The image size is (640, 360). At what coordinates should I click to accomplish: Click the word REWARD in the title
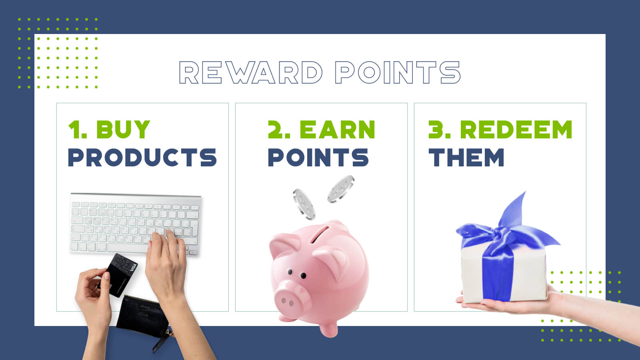point(250,72)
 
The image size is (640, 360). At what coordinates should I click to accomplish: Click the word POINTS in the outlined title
point(398,72)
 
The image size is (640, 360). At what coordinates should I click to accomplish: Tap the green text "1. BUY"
point(109,130)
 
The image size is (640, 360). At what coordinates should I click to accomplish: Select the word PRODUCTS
point(142,157)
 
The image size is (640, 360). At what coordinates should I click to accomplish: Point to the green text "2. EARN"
point(322,130)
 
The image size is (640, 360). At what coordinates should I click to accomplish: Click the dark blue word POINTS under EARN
point(318,157)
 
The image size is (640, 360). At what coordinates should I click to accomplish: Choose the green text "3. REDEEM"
point(500,130)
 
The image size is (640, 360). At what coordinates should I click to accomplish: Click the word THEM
point(466,157)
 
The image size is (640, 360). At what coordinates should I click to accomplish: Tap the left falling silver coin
point(304,204)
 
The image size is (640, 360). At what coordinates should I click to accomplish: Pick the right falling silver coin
point(341,189)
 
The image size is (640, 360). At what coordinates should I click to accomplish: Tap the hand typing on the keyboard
point(166,260)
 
